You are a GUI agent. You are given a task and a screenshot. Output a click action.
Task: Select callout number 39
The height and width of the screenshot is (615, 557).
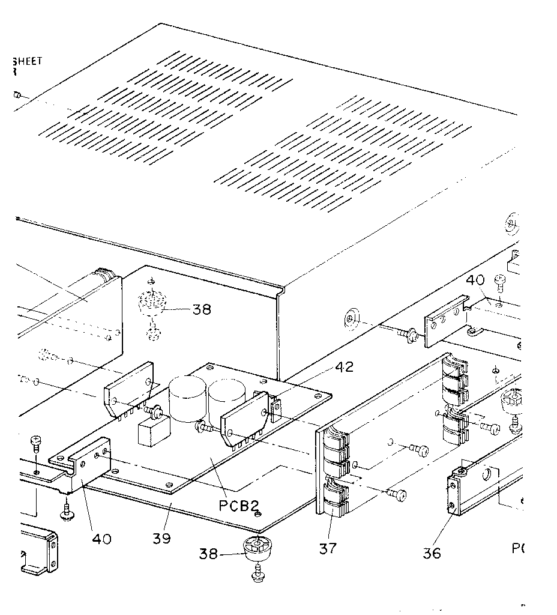(x=161, y=538)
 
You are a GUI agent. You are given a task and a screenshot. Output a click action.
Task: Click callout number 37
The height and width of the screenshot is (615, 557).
(x=328, y=548)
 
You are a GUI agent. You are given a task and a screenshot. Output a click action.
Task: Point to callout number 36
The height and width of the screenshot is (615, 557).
(x=432, y=553)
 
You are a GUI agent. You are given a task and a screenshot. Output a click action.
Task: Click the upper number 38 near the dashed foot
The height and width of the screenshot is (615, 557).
(x=202, y=310)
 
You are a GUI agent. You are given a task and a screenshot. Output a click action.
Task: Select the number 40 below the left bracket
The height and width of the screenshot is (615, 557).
(x=101, y=539)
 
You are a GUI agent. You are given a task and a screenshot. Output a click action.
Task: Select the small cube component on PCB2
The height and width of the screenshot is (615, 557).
(x=152, y=432)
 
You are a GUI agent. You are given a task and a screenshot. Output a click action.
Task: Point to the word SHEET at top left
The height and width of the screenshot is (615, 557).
(x=28, y=61)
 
